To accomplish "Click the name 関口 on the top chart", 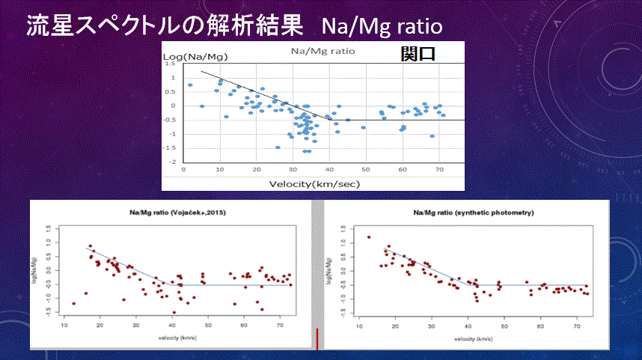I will pyautogui.click(x=418, y=54).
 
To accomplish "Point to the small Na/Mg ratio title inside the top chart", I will pyautogui.click(x=322, y=52).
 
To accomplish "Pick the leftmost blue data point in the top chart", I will pyautogui.click(x=190, y=85).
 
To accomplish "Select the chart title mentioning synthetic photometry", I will pyautogui.click(x=475, y=214).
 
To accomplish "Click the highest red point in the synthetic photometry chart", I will pyautogui.click(x=369, y=237).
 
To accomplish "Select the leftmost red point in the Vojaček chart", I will pyautogui.click(x=73, y=303).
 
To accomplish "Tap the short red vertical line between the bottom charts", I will pyautogui.click(x=317, y=338).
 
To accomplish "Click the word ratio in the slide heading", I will pyautogui.click(x=416, y=26).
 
